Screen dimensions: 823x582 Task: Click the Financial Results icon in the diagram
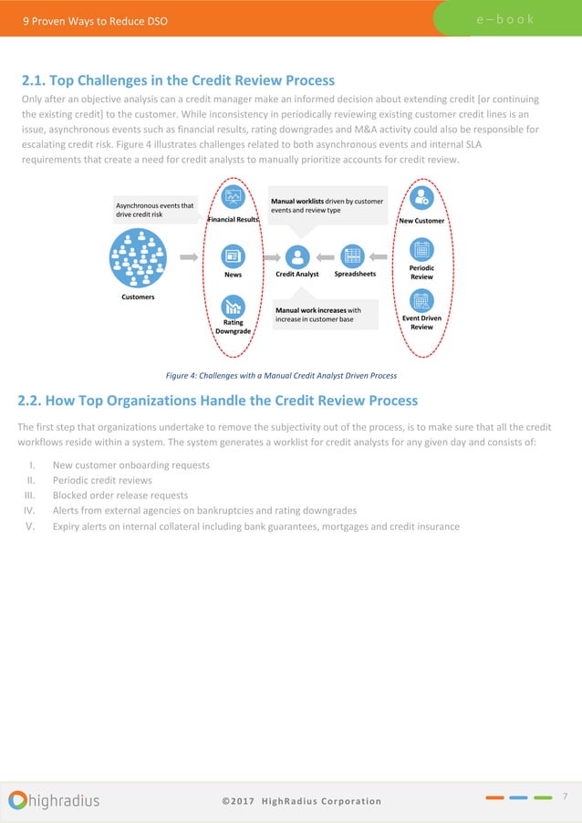pyautogui.click(x=233, y=198)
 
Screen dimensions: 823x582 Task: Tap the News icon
pyautogui.click(x=233, y=256)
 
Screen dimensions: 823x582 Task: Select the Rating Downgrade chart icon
pyautogui.click(x=233, y=307)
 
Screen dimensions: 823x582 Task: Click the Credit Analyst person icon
pyautogui.click(x=296, y=256)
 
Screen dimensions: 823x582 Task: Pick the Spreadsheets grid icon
pyautogui.click(x=351, y=256)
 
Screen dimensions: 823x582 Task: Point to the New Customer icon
pyautogui.click(x=421, y=198)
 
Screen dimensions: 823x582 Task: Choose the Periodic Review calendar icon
pyautogui.click(x=421, y=249)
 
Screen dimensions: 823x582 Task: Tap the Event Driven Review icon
pyautogui.click(x=421, y=300)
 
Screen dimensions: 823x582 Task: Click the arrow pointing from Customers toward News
pyautogui.click(x=189, y=258)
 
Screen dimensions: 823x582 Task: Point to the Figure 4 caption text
pyautogui.click(x=281, y=375)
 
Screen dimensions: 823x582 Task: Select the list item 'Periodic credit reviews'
pyautogui.click(x=100, y=480)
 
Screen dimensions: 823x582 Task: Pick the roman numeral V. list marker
pyautogui.click(x=30, y=526)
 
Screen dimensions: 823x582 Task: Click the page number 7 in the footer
pyautogui.click(x=566, y=797)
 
